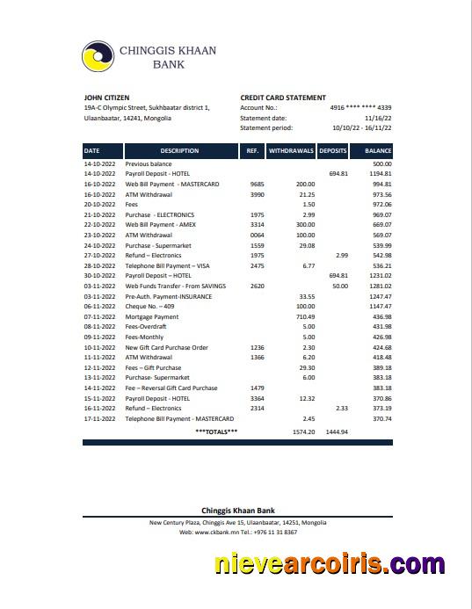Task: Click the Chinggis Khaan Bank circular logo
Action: tap(98, 57)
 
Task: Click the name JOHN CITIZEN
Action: tap(106, 98)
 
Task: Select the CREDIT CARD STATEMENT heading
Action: tap(282, 98)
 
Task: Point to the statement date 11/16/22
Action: tap(378, 118)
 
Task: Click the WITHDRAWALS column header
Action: tap(291, 151)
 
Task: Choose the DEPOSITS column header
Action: tap(333, 151)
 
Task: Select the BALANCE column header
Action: tap(378, 151)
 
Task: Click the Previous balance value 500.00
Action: tap(381, 164)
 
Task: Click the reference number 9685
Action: tap(257, 185)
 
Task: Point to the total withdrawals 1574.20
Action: tap(302, 432)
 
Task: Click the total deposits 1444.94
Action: tap(337, 432)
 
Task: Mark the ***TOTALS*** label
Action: tap(216, 431)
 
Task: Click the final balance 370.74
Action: tap(381, 419)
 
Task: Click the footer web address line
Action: tap(238, 533)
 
